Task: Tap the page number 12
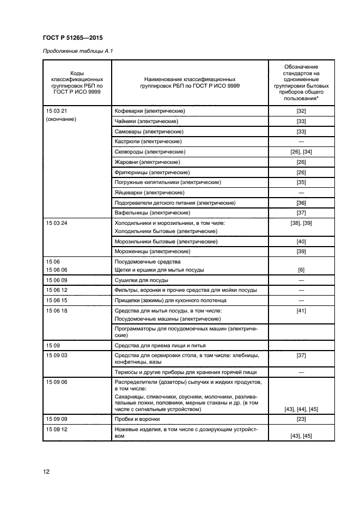(46, 471)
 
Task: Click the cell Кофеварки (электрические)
(150, 111)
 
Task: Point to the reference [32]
(301, 111)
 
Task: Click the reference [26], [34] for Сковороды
(301, 152)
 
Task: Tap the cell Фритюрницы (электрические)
(150, 173)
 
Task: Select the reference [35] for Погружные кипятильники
(301, 182)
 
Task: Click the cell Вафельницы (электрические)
(151, 212)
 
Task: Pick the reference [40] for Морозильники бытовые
(301, 241)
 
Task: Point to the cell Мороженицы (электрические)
(151, 252)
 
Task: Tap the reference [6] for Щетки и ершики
(301, 270)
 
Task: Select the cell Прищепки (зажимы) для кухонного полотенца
(170, 301)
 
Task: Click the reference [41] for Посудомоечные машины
(301, 311)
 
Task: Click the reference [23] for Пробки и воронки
(301, 419)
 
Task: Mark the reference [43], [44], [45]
(301, 409)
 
